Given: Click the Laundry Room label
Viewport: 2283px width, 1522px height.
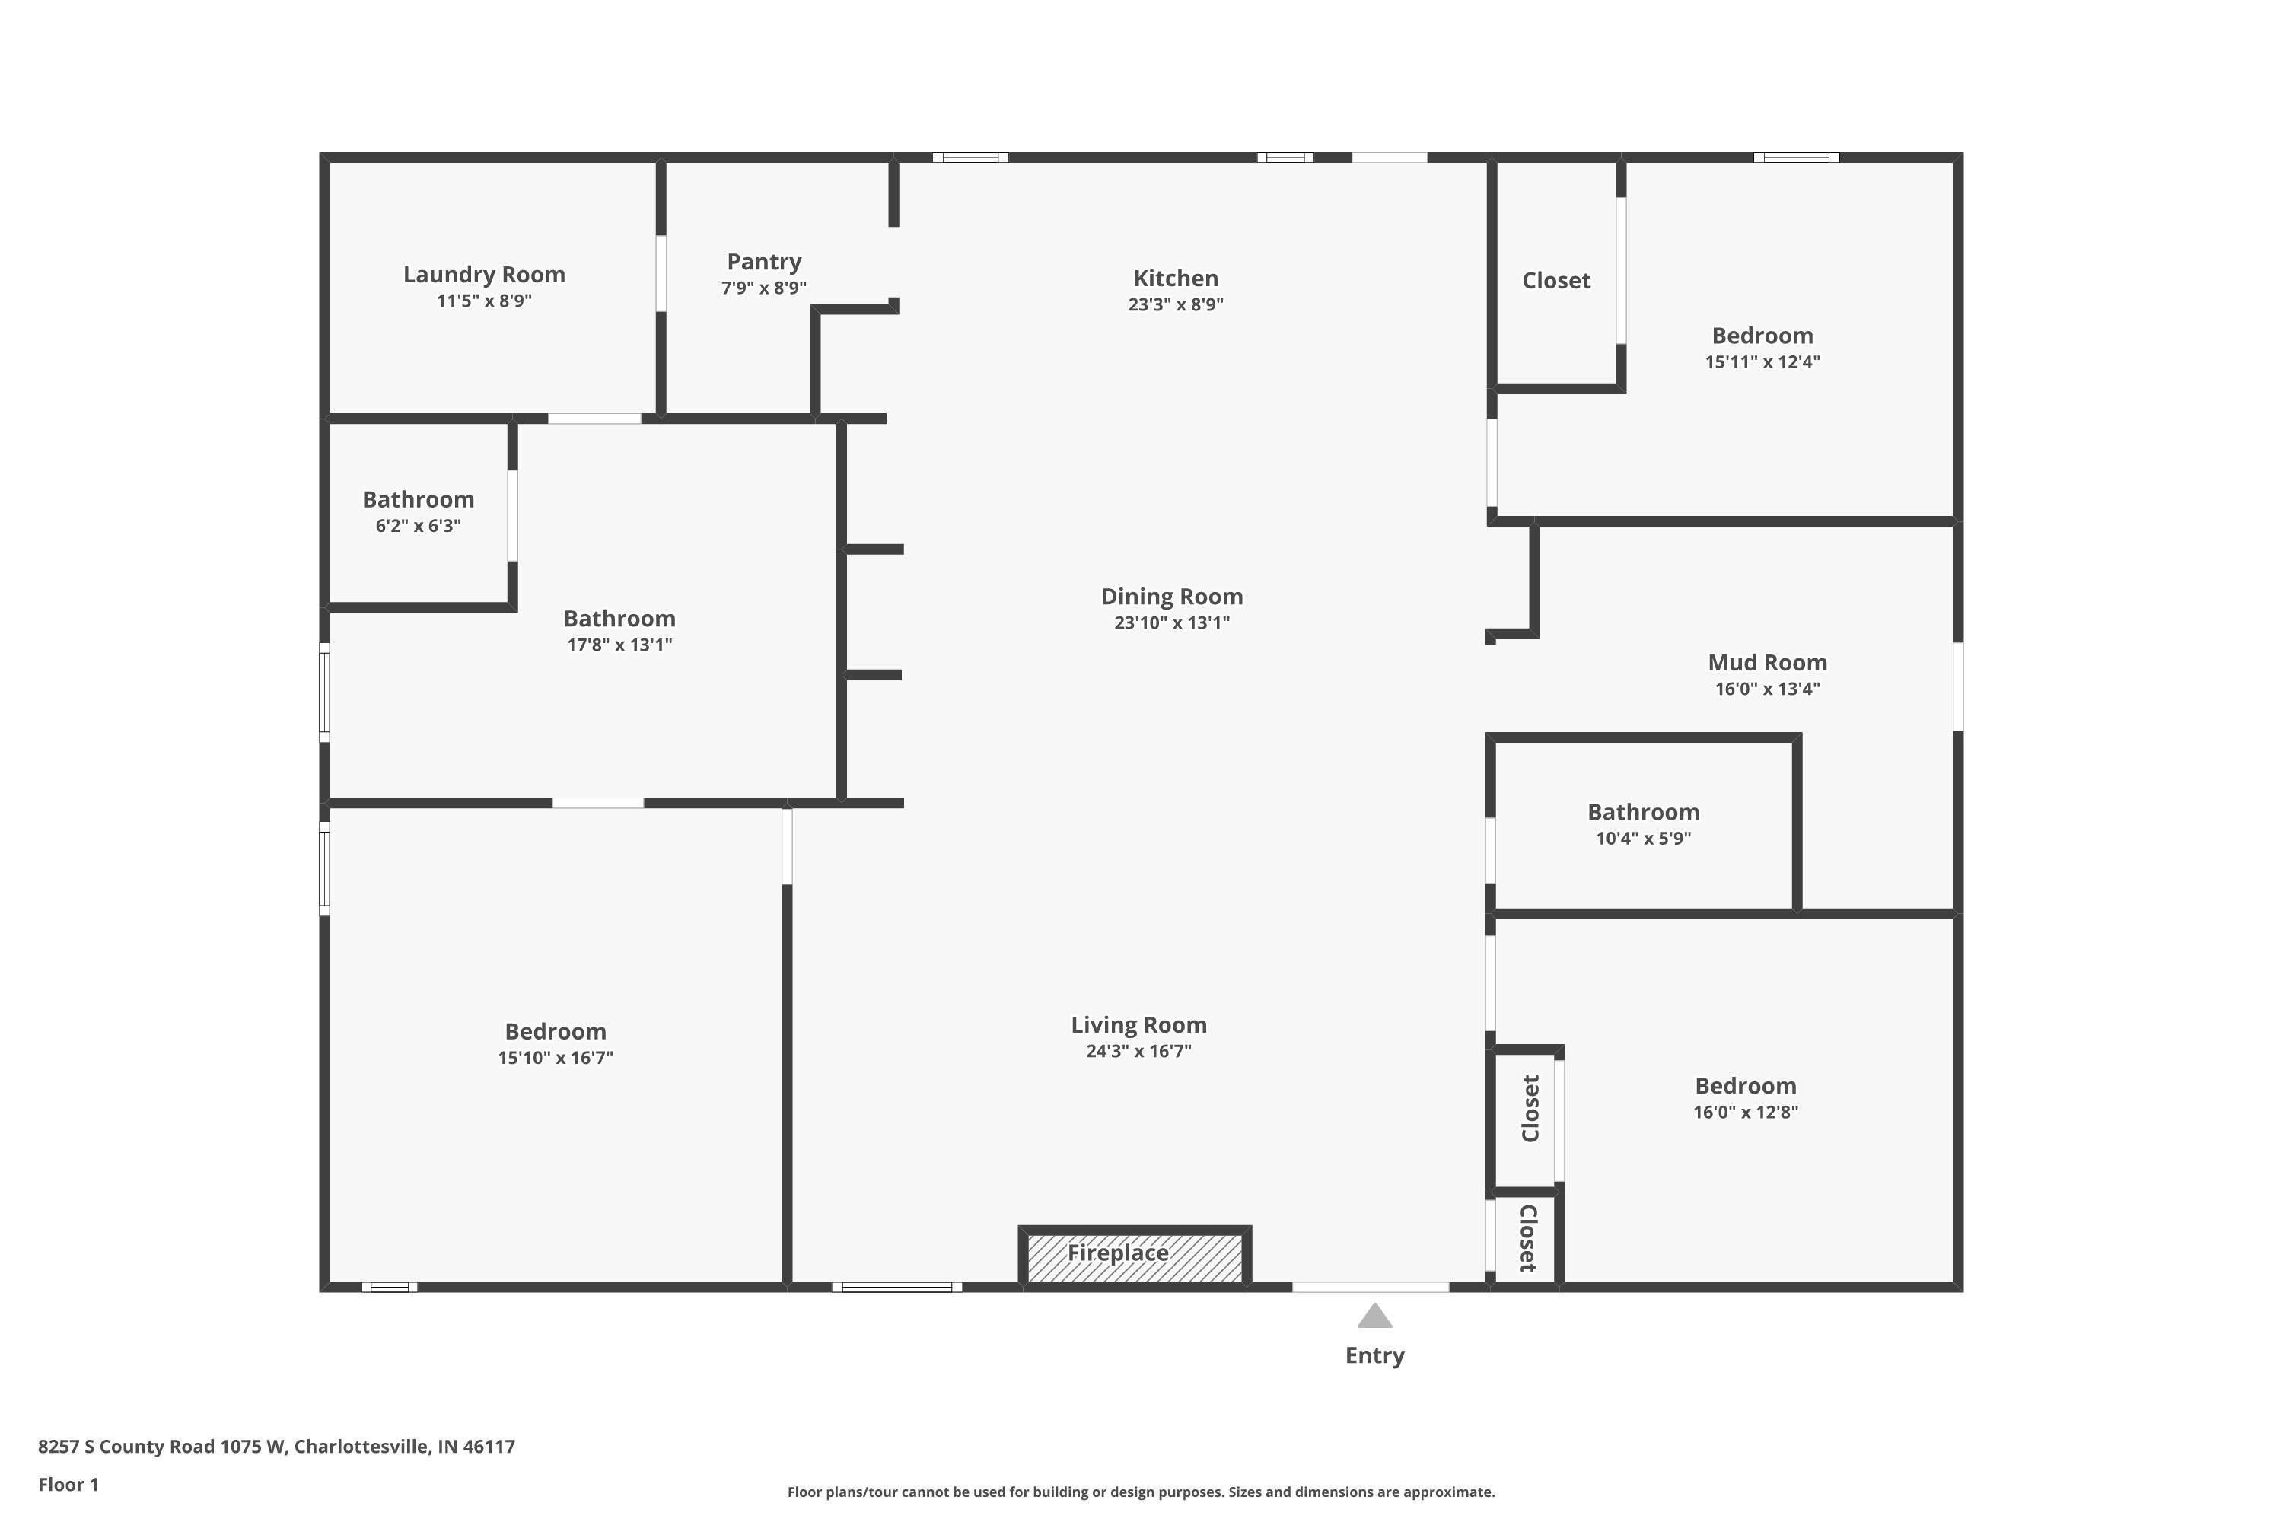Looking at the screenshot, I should click(483, 275).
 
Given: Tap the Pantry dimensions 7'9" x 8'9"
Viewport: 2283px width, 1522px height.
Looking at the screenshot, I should click(763, 288).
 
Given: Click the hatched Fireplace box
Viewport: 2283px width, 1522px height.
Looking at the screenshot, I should click(1134, 1256).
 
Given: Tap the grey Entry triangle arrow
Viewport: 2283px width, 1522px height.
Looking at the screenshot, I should click(1374, 1317).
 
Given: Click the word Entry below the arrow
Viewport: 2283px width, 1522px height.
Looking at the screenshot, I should click(1374, 1356).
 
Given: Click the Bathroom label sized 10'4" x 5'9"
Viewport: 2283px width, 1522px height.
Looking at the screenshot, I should click(1642, 813).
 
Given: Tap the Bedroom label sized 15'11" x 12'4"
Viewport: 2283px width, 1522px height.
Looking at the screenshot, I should click(1761, 336).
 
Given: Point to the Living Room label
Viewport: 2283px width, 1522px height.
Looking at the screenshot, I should click(1138, 1025).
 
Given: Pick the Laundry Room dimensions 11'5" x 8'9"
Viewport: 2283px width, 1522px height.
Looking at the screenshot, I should click(483, 301).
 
